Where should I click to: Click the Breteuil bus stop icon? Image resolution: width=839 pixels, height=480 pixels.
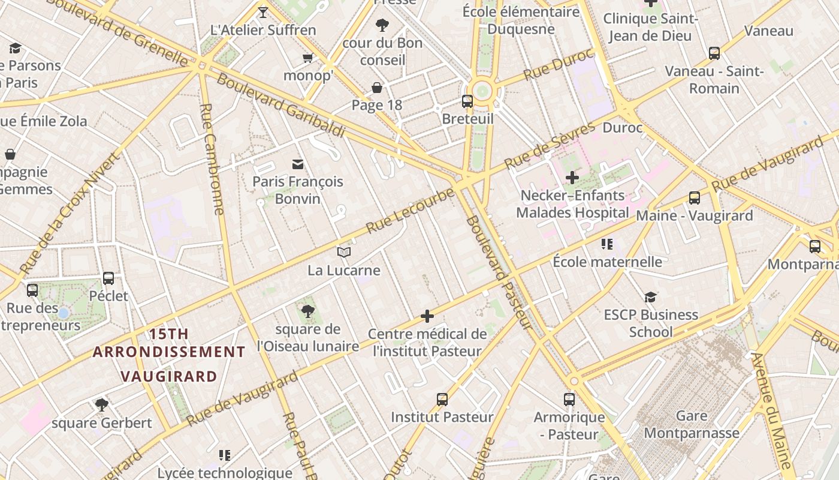[x=467, y=101]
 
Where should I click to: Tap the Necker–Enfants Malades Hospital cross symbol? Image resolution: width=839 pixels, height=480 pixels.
[x=572, y=178]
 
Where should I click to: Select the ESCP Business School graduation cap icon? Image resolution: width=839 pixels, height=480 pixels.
[x=650, y=297]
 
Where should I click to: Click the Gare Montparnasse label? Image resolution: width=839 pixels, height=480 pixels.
[x=691, y=424]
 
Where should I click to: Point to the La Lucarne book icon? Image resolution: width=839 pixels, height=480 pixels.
[x=343, y=253]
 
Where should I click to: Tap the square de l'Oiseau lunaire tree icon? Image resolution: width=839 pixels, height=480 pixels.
[x=307, y=311]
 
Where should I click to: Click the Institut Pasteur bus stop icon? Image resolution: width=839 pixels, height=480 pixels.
[x=442, y=399]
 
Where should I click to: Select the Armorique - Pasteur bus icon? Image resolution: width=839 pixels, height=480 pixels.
[x=569, y=399]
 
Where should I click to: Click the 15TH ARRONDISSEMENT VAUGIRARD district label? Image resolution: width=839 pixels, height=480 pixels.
[x=168, y=355]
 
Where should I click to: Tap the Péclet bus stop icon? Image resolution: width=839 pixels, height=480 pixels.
[x=108, y=278]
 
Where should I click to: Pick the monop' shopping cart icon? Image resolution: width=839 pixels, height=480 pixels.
[x=307, y=58]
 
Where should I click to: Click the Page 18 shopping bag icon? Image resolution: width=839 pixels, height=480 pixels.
[x=377, y=88]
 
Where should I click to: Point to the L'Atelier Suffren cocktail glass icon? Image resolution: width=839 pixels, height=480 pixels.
[x=262, y=12]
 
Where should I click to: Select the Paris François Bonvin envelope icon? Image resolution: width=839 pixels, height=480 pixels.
[x=297, y=164]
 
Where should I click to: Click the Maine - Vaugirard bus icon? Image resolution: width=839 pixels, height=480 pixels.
[x=695, y=198]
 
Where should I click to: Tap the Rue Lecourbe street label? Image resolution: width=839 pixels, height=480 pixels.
[x=411, y=211]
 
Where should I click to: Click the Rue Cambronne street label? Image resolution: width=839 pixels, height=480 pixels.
[x=212, y=159]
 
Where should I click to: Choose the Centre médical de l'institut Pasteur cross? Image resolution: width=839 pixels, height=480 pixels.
[x=427, y=316]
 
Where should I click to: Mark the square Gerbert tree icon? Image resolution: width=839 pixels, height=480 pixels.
[x=101, y=405]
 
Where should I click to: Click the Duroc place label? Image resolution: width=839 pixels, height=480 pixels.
[x=622, y=128]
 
